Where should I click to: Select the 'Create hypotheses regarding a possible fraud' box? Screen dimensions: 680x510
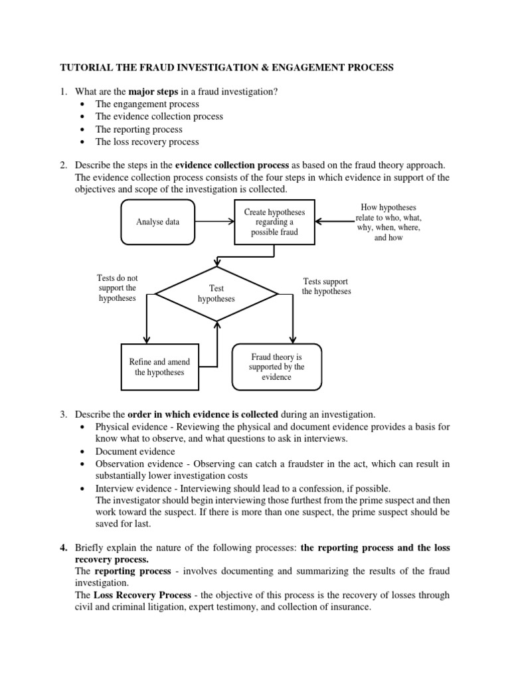[274, 222]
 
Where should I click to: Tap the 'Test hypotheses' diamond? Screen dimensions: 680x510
[216, 294]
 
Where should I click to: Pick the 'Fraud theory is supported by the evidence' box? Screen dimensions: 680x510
[276, 367]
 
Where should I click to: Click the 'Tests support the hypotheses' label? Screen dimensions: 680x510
[326, 286]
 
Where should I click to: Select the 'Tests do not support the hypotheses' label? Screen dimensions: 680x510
[117, 288]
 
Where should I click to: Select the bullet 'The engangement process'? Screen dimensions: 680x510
[147, 104]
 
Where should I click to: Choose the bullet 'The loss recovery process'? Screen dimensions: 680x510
[147, 141]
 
